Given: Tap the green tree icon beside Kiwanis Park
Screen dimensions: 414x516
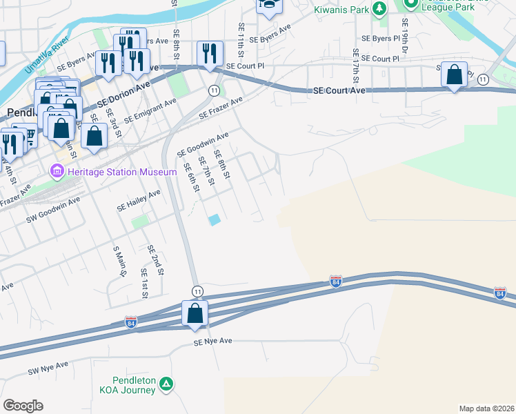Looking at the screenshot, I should coord(378,9).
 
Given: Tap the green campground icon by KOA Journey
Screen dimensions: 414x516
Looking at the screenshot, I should coord(166,384).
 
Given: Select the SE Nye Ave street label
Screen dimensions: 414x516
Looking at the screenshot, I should coord(212,342).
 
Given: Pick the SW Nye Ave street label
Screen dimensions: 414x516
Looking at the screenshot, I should coord(48,368).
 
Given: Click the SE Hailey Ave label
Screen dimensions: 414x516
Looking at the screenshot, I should coord(139,201).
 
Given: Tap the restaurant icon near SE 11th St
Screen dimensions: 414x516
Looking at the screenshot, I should coord(209,54).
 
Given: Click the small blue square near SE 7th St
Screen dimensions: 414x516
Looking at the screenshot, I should coord(215,220).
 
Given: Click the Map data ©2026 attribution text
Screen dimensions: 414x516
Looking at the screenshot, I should coord(486,408).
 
